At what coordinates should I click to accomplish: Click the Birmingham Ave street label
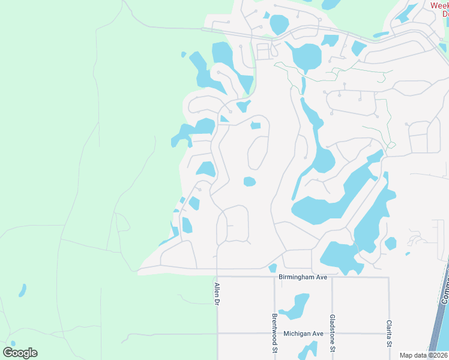(x=302, y=277)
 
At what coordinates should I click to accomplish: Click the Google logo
(x=20, y=353)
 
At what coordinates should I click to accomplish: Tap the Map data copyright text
(x=424, y=355)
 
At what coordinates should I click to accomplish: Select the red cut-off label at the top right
(x=439, y=9)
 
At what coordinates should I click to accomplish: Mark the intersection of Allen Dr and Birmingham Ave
(x=217, y=277)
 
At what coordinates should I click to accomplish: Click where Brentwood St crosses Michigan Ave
(x=275, y=333)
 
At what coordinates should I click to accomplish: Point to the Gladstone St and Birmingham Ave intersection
(x=332, y=277)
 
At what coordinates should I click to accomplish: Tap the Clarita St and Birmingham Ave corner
(x=389, y=277)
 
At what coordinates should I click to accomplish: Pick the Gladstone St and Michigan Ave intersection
(x=332, y=333)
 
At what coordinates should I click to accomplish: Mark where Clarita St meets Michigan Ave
(x=389, y=333)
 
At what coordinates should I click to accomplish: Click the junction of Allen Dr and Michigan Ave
(x=217, y=333)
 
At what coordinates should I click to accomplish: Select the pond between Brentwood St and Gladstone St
(x=295, y=306)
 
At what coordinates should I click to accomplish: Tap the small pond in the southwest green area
(x=22, y=291)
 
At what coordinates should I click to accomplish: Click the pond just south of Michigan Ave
(x=309, y=350)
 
